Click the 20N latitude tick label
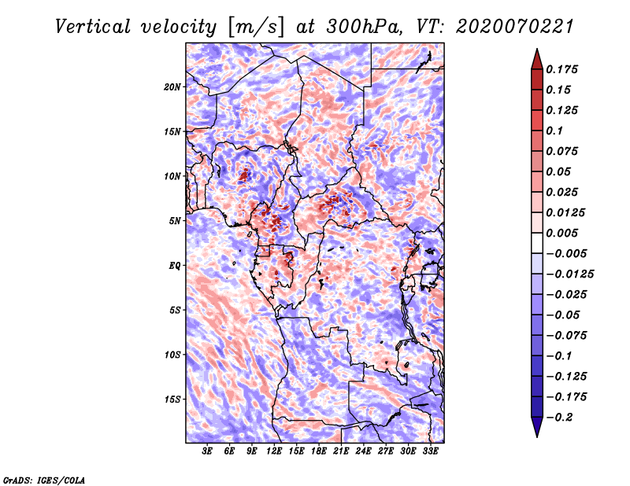point(172,87)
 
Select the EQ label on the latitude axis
point(174,265)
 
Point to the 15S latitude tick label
point(172,399)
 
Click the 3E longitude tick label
point(208,451)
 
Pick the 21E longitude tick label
point(341,451)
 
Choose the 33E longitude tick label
point(430,451)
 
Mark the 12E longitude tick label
point(274,451)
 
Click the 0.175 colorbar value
point(563,69)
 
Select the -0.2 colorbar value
point(560,417)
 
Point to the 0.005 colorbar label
point(563,233)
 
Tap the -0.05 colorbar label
point(563,315)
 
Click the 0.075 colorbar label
point(563,151)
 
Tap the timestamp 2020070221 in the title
point(509,26)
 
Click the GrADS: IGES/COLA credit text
point(44,479)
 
